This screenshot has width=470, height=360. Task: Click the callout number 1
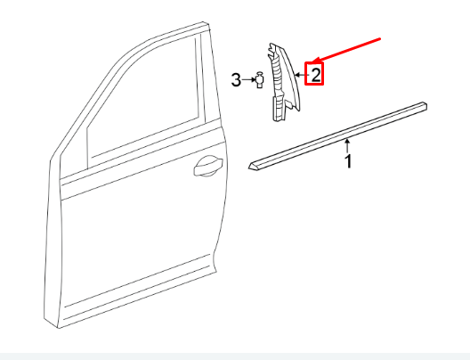[x=349, y=161]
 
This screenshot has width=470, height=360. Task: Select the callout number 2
[x=314, y=73]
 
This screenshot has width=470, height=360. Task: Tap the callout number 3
[x=237, y=81]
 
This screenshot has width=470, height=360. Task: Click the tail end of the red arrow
[x=381, y=38]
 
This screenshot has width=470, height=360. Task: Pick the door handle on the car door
[x=207, y=164]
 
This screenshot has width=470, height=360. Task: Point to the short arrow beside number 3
[x=247, y=81]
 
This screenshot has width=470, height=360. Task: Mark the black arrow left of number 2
[x=300, y=75]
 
